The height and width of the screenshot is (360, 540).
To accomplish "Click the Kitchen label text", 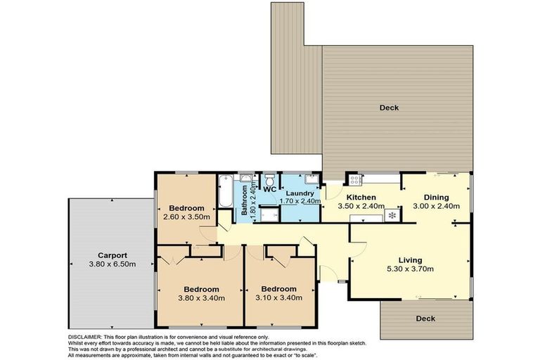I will [361, 197].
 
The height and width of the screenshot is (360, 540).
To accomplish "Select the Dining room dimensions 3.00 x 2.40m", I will [436, 206].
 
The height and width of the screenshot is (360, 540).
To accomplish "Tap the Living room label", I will [409, 259].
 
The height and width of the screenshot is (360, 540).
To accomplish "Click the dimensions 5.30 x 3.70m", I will [409, 268].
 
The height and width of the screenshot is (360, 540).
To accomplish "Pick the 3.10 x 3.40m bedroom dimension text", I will [278, 297].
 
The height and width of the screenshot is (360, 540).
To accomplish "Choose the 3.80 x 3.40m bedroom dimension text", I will [201, 297].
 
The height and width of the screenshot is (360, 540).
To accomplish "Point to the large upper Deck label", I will [389, 107].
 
